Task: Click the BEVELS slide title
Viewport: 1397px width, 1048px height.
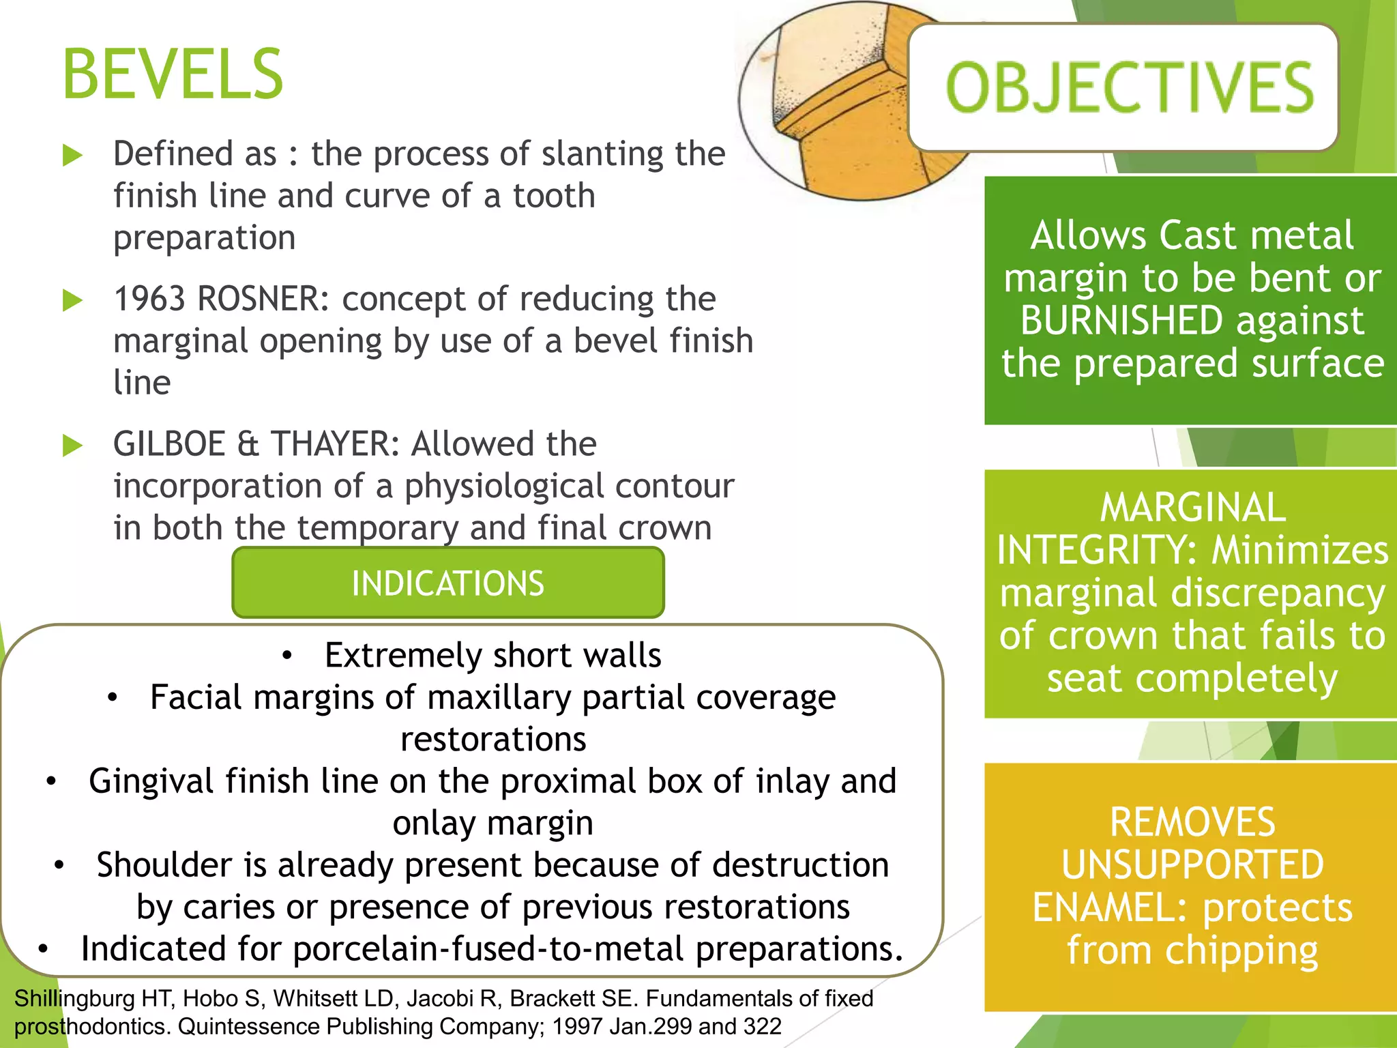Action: [172, 75]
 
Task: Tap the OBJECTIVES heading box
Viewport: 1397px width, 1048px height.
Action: [1124, 87]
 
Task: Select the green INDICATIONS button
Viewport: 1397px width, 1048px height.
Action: [447, 583]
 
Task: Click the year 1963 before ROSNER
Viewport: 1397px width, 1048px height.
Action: [148, 299]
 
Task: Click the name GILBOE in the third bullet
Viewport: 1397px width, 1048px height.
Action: [169, 444]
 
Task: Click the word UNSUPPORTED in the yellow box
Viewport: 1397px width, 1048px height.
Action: [1192, 865]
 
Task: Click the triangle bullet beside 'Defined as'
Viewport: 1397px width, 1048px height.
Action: [72, 155]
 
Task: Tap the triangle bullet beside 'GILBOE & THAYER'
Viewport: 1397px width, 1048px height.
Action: [72, 446]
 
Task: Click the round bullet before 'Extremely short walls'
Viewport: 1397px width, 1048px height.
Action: [287, 656]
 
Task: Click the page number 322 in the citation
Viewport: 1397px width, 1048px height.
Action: [762, 1027]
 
